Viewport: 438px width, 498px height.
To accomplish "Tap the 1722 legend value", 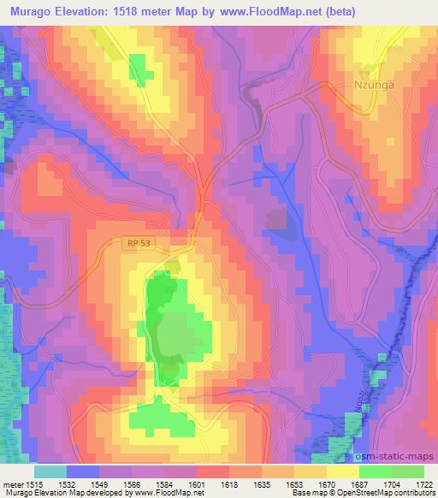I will [x=423, y=484].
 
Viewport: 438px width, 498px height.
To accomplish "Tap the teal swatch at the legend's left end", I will [x=50, y=471].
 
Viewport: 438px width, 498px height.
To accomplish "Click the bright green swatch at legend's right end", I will [x=408, y=471].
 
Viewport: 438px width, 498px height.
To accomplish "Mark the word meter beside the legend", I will [x=14, y=484].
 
